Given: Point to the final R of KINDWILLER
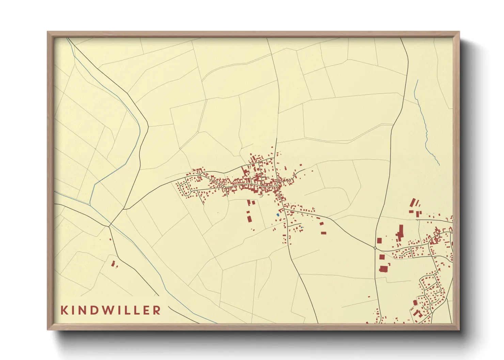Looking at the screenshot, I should [x=157, y=310].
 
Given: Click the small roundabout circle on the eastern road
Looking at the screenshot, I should [x=375, y=248].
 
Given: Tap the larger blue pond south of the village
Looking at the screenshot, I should [x=278, y=215].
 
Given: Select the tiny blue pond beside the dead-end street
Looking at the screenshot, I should [x=301, y=227].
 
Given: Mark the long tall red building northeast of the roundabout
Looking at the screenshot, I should [x=400, y=232].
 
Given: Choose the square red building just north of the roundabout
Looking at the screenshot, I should [x=379, y=241].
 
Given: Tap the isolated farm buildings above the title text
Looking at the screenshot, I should [x=114, y=263].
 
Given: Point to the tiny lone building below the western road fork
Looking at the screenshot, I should [x=110, y=239].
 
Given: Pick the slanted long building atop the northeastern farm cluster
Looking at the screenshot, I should [x=414, y=202].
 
